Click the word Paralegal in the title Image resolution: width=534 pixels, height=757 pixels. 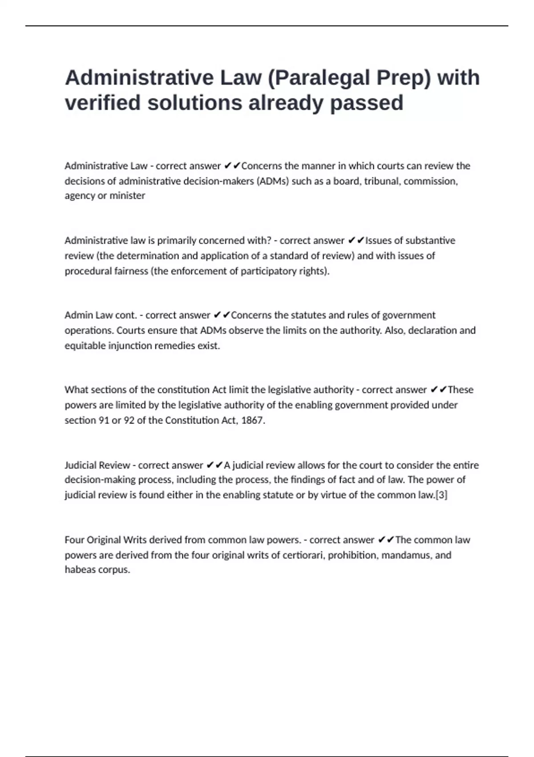324,78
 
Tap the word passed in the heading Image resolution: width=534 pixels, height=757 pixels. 366,103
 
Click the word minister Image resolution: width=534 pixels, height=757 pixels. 127,196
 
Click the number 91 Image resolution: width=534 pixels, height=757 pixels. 104,421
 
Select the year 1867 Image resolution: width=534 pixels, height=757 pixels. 252,421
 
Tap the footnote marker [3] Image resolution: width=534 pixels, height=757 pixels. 441,495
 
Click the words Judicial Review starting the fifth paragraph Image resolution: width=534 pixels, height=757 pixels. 97,465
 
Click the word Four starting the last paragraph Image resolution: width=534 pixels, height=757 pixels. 74,540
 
